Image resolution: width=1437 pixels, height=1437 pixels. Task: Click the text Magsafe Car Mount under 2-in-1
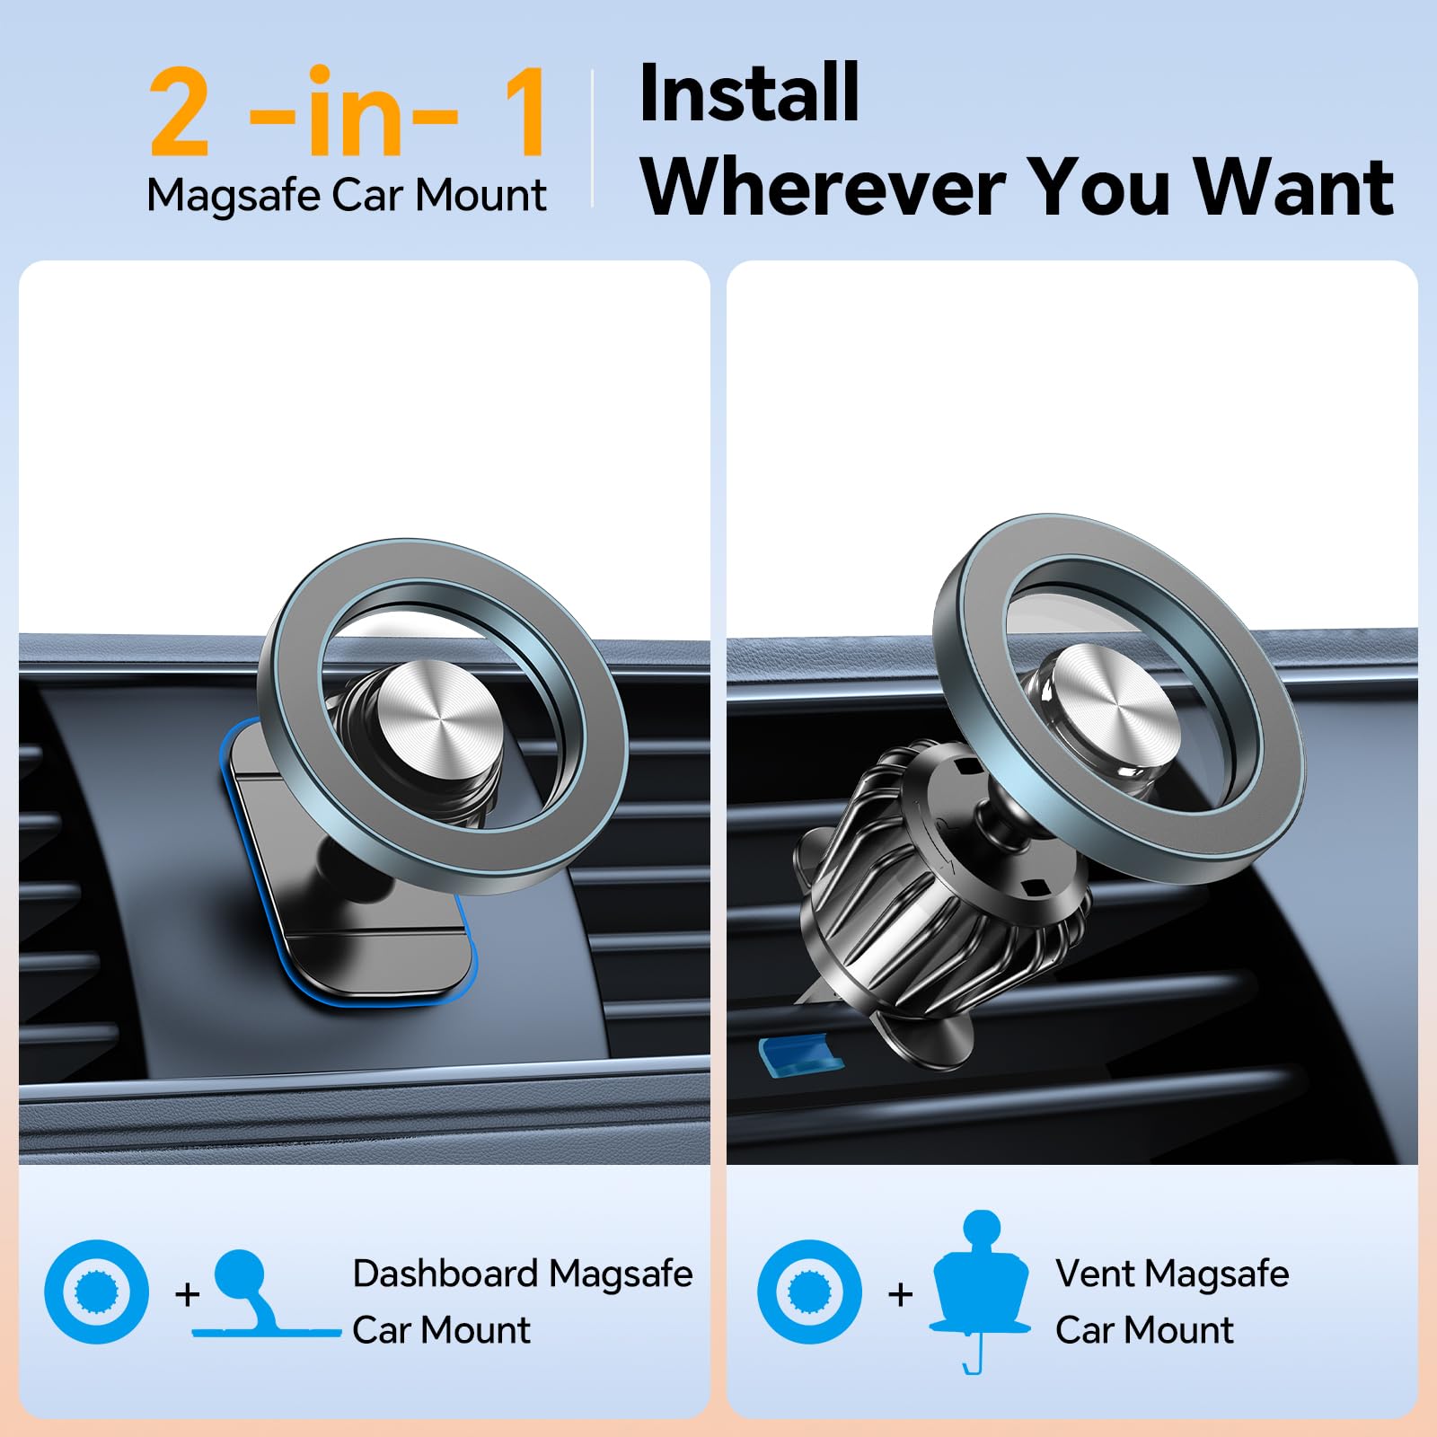(x=347, y=195)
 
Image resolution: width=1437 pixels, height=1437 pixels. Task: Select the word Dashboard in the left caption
(x=445, y=1274)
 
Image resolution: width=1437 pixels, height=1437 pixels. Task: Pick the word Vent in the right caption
(x=1095, y=1274)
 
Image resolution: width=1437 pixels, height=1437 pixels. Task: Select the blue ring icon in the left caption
(x=97, y=1292)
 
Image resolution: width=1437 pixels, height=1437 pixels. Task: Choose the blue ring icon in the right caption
(x=809, y=1292)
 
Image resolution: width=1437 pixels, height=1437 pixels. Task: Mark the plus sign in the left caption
(x=187, y=1294)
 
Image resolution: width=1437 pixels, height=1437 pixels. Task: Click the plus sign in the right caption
(x=900, y=1294)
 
